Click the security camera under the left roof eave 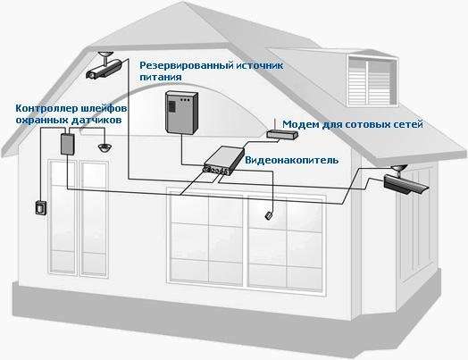point(104,66)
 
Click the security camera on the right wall point(405,180)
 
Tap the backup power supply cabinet point(182,112)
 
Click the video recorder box point(224,161)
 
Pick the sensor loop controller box point(68,144)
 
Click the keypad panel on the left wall point(41,207)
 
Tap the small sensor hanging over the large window point(268,215)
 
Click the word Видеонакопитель point(291,160)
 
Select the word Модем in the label point(301,124)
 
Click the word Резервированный point(186,65)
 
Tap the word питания point(161,77)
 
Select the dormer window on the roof point(372,80)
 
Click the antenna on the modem point(274,125)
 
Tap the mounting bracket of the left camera point(105,56)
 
